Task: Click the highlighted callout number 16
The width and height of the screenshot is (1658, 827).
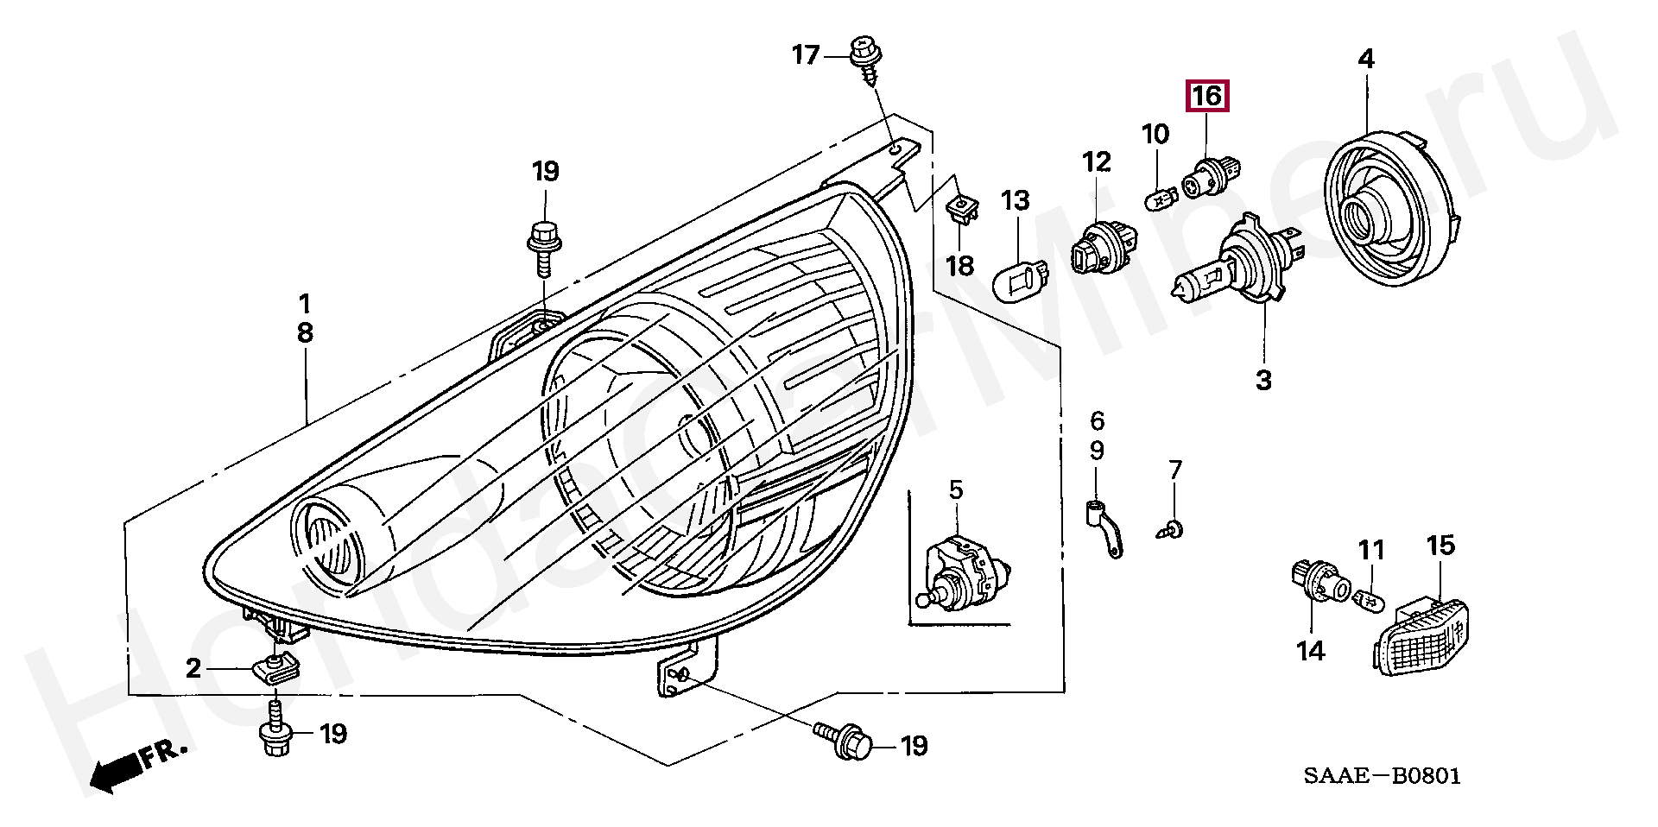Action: [1207, 97]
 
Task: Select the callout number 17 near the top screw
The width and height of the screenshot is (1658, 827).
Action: [806, 56]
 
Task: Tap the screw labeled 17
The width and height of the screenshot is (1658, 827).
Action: [864, 59]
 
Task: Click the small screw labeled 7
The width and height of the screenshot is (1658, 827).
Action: [1170, 529]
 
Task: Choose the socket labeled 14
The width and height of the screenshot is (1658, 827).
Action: [1319, 584]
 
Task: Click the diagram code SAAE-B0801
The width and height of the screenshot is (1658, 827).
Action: [1382, 776]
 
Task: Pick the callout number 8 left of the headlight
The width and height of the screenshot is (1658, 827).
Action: [304, 333]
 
